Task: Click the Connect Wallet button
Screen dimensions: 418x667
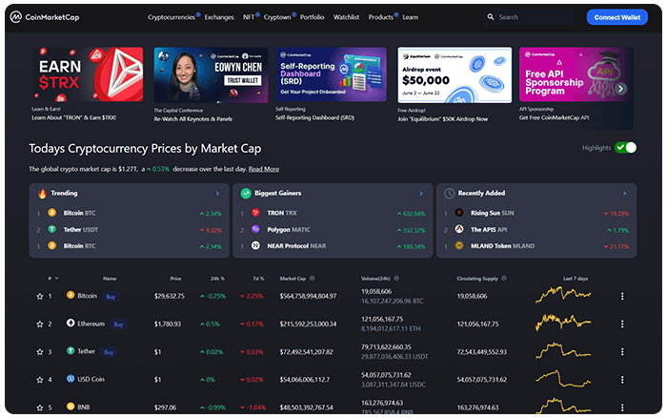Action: point(616,17)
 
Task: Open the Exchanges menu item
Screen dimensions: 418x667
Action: point(219,17)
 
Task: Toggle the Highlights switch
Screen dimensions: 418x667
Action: point(625,148)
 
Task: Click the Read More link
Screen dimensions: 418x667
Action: point(264,169)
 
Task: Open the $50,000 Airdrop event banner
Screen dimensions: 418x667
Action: point(454,74)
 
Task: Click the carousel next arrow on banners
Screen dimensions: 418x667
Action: point(621,89)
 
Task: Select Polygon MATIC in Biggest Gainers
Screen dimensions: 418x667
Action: point(290,229)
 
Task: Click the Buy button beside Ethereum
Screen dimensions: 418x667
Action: point(119,324)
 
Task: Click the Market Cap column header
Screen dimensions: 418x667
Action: point(292,279)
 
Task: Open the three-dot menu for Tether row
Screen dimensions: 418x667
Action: point(622,352)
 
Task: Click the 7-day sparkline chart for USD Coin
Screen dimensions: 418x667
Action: point(562,379)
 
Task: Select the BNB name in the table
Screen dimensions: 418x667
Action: point(85,408)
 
